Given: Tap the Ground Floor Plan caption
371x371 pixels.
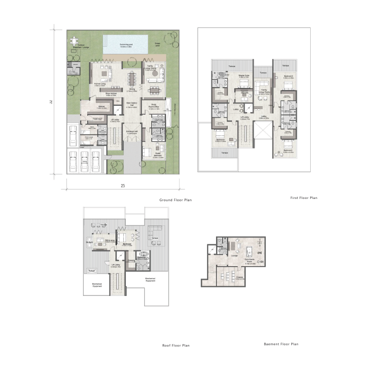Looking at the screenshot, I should tap(175, 200).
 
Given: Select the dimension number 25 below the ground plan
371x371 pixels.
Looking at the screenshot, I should tap(123, 186).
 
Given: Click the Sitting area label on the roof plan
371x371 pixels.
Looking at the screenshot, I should tap(110, 241).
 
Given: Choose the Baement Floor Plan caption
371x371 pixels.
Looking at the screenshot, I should tap(281, 344).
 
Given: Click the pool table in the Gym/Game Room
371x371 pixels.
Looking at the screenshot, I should tap(248, 253).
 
